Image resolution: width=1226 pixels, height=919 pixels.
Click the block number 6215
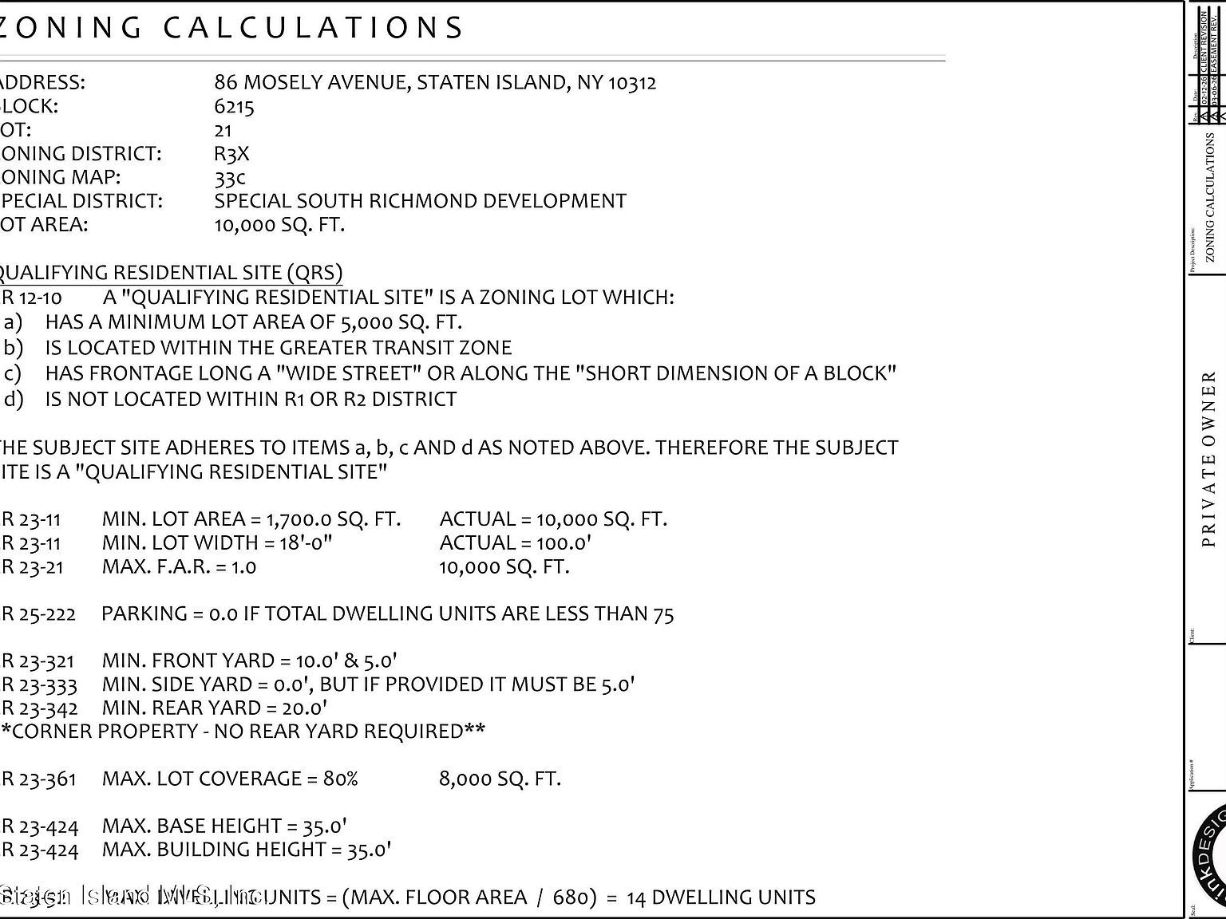click(234, 107)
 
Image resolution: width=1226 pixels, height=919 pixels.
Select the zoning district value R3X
click(231, 154)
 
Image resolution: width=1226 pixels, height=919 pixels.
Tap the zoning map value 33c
click(230, 177)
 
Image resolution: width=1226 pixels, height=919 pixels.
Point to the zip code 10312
click(632, 83)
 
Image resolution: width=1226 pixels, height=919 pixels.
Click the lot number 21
click(223, 130)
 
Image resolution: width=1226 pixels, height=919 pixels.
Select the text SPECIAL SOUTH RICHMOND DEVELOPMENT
click(420, 201)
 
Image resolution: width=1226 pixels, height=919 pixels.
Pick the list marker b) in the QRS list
click(14, 348)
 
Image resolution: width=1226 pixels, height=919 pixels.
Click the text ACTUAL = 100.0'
click(515, 543)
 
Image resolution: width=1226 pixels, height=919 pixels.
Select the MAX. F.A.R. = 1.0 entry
click(179, 567)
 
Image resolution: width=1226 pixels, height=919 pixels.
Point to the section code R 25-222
click(39, 614)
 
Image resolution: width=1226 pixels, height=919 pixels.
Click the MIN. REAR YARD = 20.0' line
click(215, 708)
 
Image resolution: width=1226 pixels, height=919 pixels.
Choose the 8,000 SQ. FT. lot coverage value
click(500, 779)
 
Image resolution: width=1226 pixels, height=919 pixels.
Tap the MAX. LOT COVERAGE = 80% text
click(230, 779)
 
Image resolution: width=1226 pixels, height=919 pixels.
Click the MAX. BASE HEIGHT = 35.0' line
click(224, 826)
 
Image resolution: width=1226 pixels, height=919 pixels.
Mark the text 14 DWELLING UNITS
click(721, 897)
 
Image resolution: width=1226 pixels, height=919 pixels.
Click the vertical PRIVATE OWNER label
click(1208, 459)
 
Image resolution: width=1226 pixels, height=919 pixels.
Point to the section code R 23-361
click(39, 779)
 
